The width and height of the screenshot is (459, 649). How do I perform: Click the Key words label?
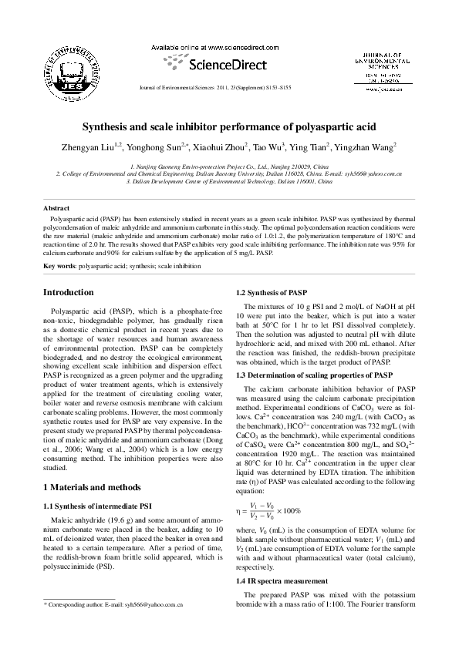click(x=59, y=265)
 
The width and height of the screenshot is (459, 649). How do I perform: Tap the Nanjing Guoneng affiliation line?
click(x=229, y=166)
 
